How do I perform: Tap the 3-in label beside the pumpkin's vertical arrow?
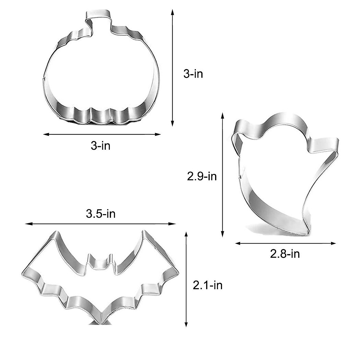pyautogui.click(x=193, y=74)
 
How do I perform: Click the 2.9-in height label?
pyautogui.click(x=202, y=176)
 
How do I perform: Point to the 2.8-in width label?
pyautogui.click(x=285, y=254)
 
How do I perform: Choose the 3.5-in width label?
pyautogui.click(x=100, y=214)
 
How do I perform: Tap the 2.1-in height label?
pyautogui.click(x=208, y=285)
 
